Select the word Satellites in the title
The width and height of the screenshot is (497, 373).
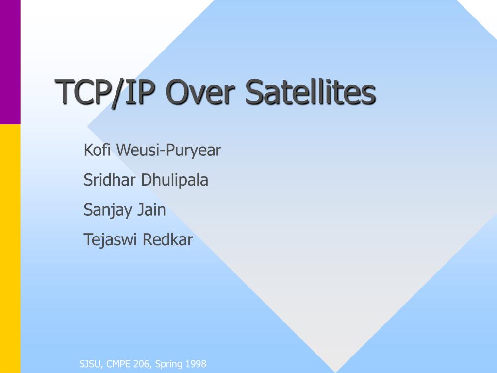[x=311, y=92]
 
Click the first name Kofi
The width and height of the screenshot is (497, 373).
[x=97, y=150]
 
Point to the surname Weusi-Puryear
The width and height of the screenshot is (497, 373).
[x=168, y=151]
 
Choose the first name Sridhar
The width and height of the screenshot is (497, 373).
[x=109, y=180]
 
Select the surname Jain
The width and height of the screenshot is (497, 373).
[x=151, y=210]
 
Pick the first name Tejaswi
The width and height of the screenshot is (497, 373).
[x=110, y=240]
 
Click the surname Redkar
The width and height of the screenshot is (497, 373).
[x=167, y=239]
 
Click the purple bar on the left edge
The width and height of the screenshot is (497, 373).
[x=10, y=62]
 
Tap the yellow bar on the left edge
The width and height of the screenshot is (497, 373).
[x=10, y=249]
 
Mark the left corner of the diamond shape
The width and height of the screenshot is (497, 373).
[x=88, y=127]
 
